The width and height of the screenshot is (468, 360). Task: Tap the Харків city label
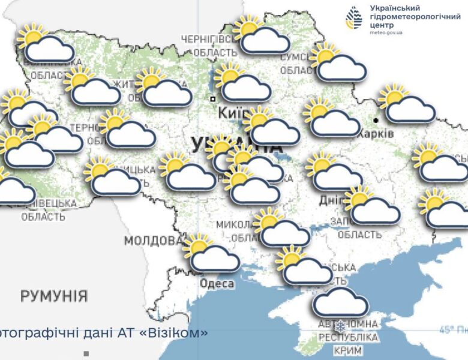pos(376,134)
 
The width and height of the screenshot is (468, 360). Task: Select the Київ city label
pos(229,113)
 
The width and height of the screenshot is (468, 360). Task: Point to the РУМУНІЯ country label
pos(54,296)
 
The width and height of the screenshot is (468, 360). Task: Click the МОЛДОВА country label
pos(152,241)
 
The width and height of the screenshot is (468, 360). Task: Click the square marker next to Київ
pos(212,98)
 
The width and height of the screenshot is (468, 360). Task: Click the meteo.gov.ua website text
pos(386,32)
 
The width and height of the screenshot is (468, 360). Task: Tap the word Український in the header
pos(396,7)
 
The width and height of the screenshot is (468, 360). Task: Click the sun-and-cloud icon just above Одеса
pos(212,254)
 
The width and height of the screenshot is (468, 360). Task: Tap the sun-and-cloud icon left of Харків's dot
pos(331,118)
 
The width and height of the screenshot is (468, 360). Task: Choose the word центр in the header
pos(383,25)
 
